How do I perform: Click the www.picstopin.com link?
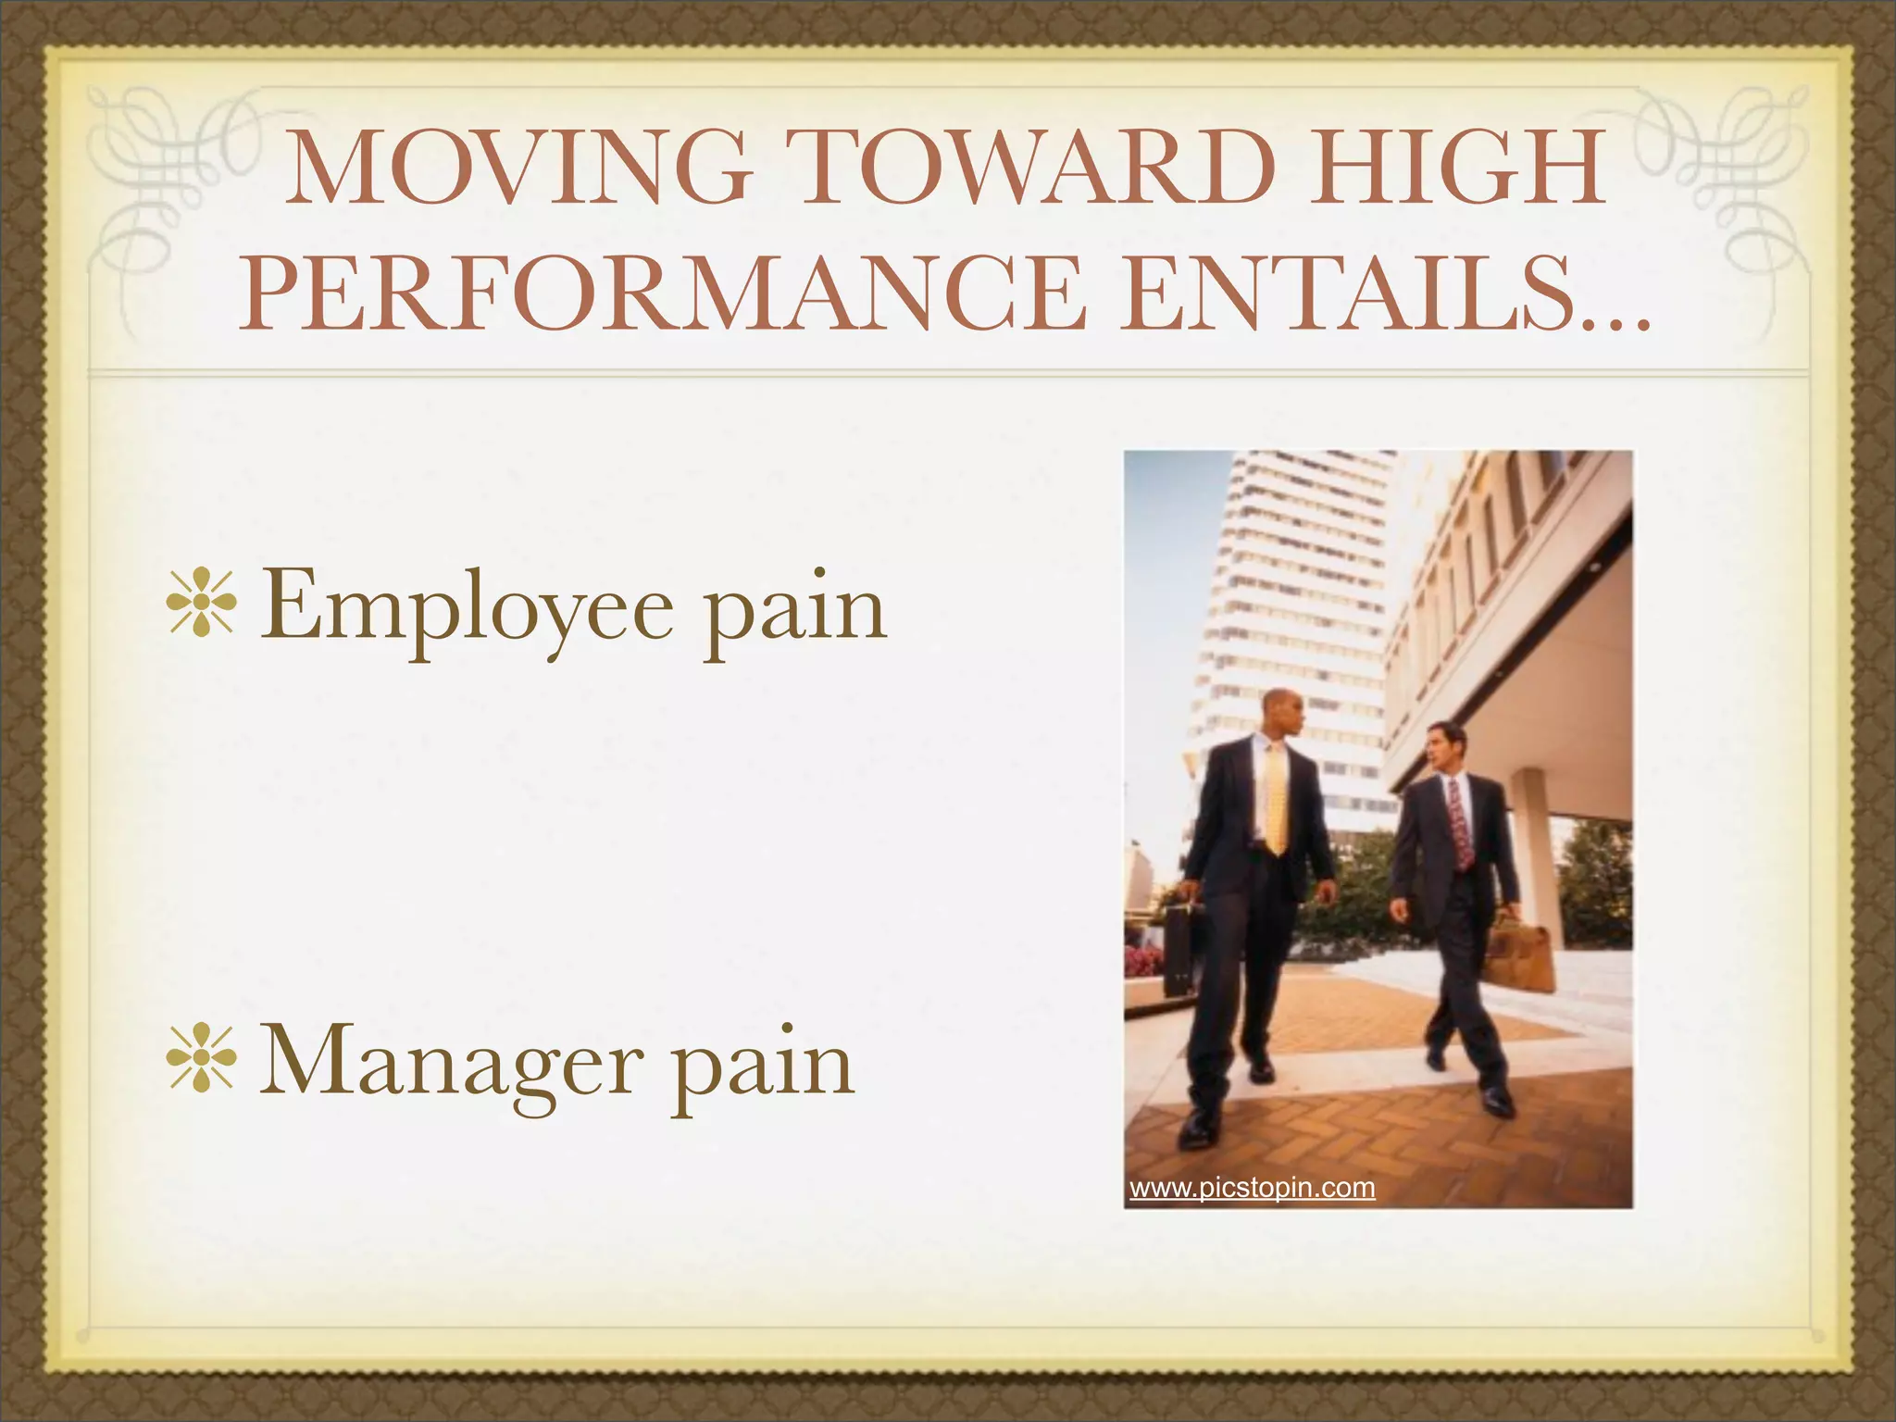tap(1252, 1188)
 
